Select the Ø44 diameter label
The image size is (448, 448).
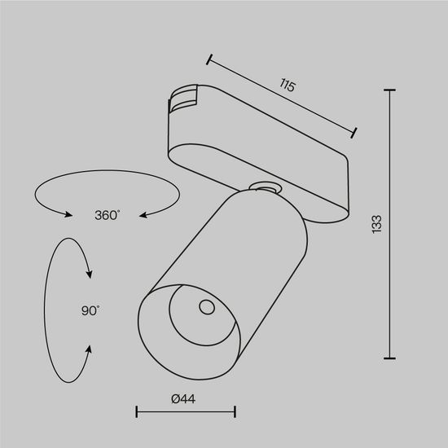coord(185,398)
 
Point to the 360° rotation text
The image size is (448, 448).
coord(108,215)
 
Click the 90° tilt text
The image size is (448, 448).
coord(90,310)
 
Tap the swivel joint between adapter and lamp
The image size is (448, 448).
coord(265,188)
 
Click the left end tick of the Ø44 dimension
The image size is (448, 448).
coord(136,413)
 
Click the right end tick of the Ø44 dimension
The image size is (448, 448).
coord(235,413)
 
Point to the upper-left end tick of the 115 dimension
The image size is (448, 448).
coord(209,59)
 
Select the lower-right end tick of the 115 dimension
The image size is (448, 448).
coord(355,131)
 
